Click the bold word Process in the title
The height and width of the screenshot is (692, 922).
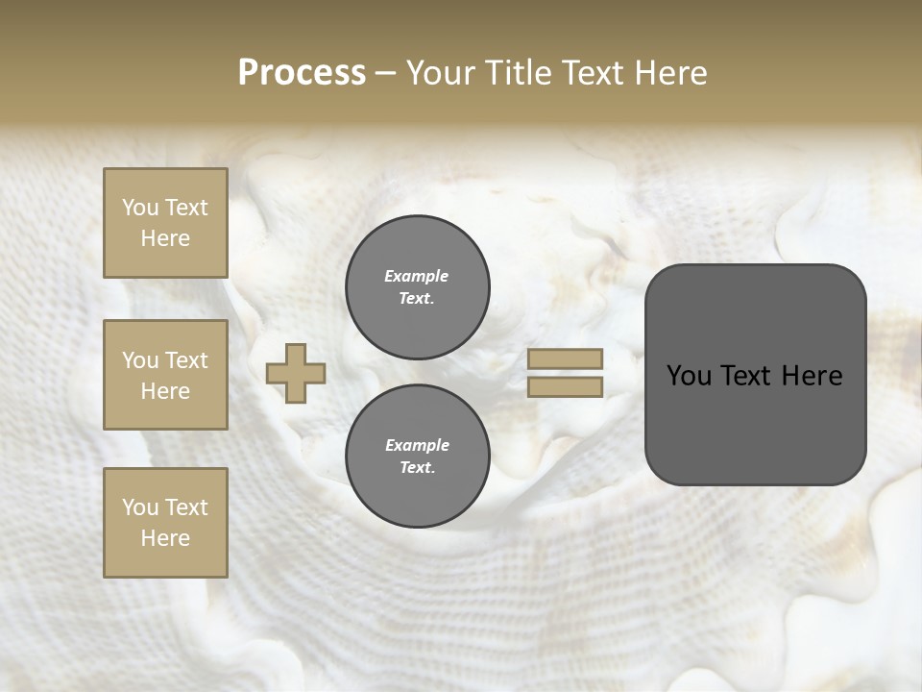click(x=302, y=73)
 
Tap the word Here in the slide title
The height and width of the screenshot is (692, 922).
click(x=669, y=73)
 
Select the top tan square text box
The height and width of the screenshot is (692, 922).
click(x=165, y=223)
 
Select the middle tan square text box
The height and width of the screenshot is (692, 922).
click(x=165, y=375)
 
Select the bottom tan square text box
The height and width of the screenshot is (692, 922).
click(x=165, y=523)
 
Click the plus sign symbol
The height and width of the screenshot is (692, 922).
click(x=296, y=373)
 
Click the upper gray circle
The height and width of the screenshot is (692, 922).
click(x=417, y=287)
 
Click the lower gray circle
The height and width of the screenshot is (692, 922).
click(x=417, y=457)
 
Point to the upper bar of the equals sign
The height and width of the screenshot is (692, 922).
click(x=566, y=358)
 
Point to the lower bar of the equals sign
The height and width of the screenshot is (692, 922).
click(x=566, y=387)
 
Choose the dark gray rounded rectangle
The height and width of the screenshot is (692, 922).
click(x=755, y=423)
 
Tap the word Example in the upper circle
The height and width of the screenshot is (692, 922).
click(x=416, y=276)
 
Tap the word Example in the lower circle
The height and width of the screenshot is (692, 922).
click(x=417, y=445)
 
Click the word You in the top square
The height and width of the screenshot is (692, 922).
click(x=140, y=208)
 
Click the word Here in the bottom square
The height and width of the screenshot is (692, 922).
click(x=165, y=538)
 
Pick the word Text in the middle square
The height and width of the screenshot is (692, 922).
click(x=186, y=360)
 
